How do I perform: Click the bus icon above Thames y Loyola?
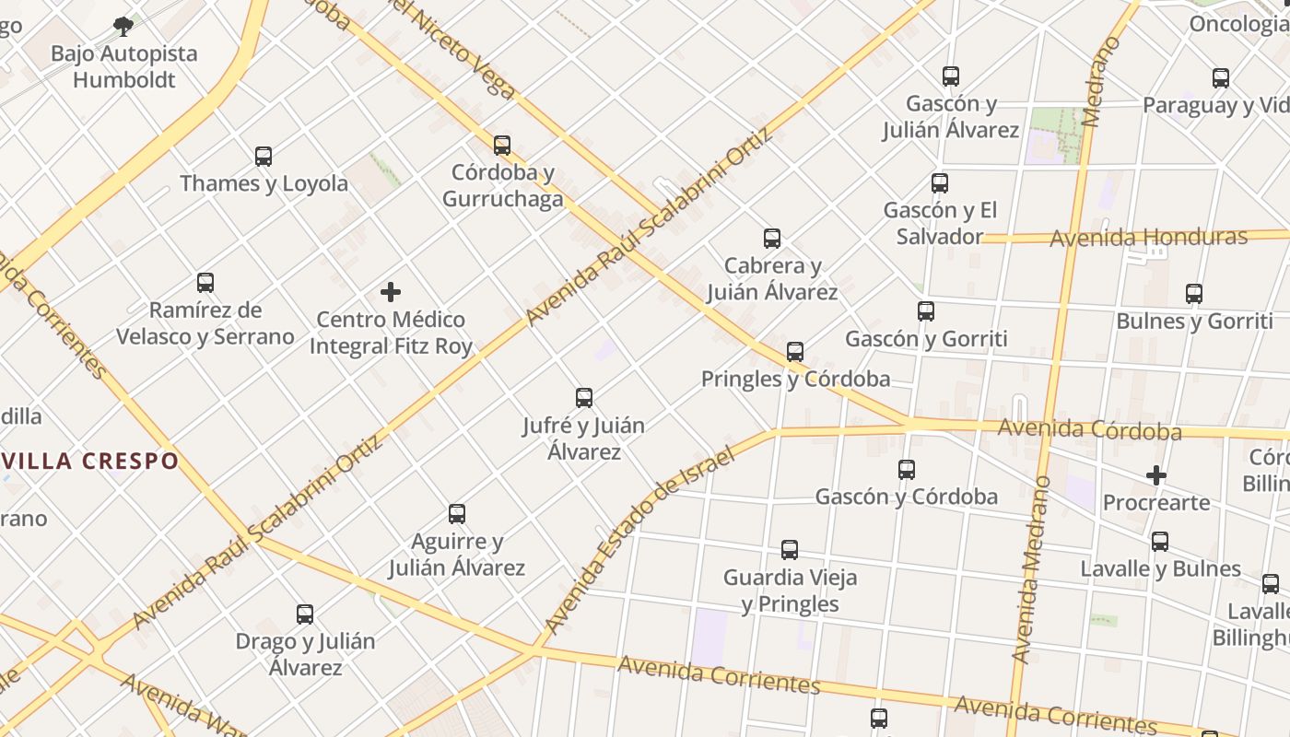(x=264, y=157)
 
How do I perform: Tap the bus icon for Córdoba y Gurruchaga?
(x=502, y=146)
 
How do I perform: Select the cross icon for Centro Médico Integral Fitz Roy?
(x=391, y=293)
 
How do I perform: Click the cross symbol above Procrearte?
(x=1156, y=475)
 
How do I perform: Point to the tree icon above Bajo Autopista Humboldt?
(x=123, y=26)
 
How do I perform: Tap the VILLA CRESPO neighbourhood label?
(x=90, y=461)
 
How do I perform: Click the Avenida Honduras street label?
(x=1149, y=238)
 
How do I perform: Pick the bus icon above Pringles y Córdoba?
(x=795, y=352)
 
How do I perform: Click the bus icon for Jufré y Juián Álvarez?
(x=584, y=398)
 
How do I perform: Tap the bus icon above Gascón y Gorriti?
(x=926, y=311)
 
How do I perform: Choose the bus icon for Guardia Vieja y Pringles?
(x=790, y=550)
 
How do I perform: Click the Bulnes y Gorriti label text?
(x=1194, y=322)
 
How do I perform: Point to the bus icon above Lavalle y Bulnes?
(x=1160, y=542)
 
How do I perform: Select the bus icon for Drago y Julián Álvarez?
(x=305, y=614)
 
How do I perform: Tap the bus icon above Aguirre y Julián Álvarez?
(x=457, y=514)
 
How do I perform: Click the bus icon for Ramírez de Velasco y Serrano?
(x=205, y=283)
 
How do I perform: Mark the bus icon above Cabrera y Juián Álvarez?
(x=772, y=239)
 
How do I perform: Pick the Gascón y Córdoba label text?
(x=906, y=497)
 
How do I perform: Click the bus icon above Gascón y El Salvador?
(x=940, y=183)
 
